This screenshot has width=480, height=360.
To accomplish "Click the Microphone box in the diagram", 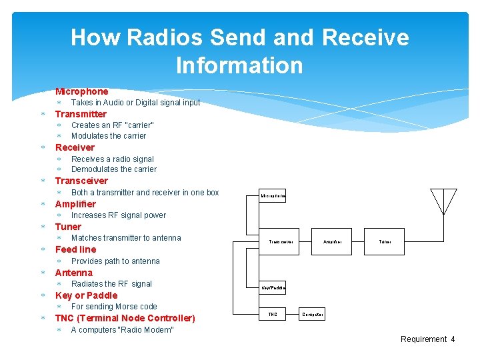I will pyautogui.click(x=273, y=196).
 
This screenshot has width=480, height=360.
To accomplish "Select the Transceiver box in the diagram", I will pyautogui.click(x=281, y=241).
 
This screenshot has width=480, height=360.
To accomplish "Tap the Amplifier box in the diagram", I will pyautogui.click(x=332, y=241).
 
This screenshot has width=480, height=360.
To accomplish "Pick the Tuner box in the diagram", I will pyautogui.click(x=385, y=241).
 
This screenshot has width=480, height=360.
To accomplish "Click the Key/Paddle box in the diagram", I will pyautogui.click(x=273, y=287).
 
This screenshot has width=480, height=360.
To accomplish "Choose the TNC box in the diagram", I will pyautogui.click(x=273, y=314).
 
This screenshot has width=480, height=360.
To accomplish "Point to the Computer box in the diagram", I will pyautogui.click(x=313, y=314).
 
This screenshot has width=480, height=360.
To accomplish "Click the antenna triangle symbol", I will pyautogui.click(x=444, y=201).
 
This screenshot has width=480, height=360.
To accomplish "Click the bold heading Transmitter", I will pyautogui.click(x=81, y=114).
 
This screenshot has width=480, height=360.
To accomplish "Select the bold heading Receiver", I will pyautogui.click(x=75, y=147).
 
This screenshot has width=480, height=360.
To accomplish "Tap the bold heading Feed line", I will pyautogui.click(x=75, y=249).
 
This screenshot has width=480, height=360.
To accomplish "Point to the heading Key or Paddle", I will pyautogui.click(x=86, y=295).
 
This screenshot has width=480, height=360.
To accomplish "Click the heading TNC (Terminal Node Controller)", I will pyautogui.click(x=125, y=318).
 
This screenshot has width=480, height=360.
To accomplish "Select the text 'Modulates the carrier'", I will pyautogui.click(x=109, y=136).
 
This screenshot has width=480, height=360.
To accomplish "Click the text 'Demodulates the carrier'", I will pyautogui.click(x=114, y=169).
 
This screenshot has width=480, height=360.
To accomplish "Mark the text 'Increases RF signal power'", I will pyautogui.click(x=119, y=215).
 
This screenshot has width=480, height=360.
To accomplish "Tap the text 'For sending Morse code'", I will pyautogui.click(x=114, y=307).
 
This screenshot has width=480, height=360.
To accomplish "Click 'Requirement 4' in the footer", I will pyautogui.click(x=427, y=339).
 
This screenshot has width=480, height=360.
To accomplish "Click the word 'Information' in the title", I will pyautogui.click(x=239, y=65).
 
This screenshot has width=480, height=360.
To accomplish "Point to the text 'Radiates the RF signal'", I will pyautogui.click(x=111, y=284).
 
